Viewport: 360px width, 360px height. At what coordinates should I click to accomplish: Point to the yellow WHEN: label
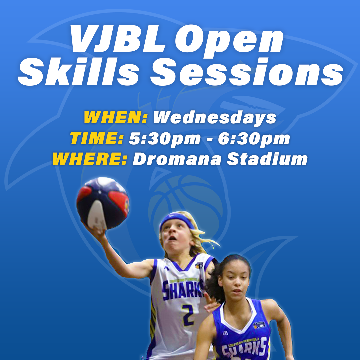point(115,117)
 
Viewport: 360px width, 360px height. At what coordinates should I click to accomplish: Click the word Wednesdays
point(215,117)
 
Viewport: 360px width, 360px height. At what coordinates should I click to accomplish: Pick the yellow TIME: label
point(97,138)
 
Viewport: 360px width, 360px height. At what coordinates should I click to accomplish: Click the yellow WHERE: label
point(90,159)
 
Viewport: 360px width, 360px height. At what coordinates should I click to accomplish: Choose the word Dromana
point(177,159)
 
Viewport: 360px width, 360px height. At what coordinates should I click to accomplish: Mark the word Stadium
point(267,159)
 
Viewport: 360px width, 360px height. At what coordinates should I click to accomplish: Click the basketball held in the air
point(103,203)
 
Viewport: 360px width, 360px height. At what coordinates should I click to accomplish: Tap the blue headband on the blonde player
point(177,220)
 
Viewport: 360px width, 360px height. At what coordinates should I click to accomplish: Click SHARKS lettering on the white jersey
point(183,290)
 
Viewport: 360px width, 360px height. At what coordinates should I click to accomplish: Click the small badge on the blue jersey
point(259,325)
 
